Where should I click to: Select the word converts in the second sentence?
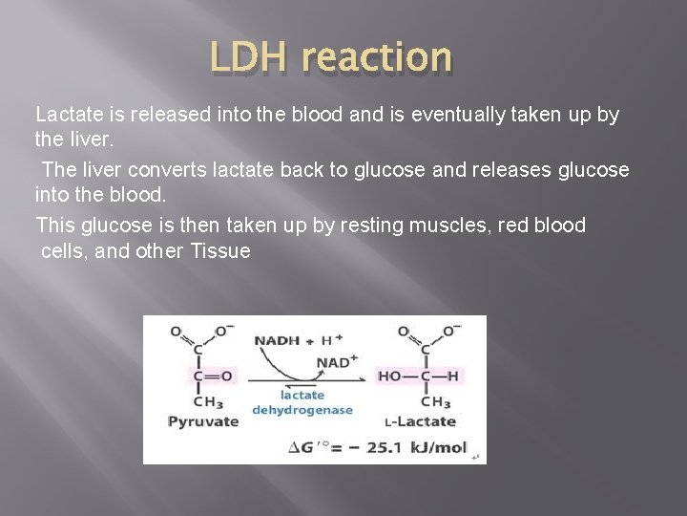(198, 170)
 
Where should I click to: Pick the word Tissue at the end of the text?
(220, 251)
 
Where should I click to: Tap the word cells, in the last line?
(66, 251)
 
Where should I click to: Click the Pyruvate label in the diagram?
(202, 420)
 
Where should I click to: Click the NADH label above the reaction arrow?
(276, 340)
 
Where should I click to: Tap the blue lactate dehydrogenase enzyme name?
(302, 402)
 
